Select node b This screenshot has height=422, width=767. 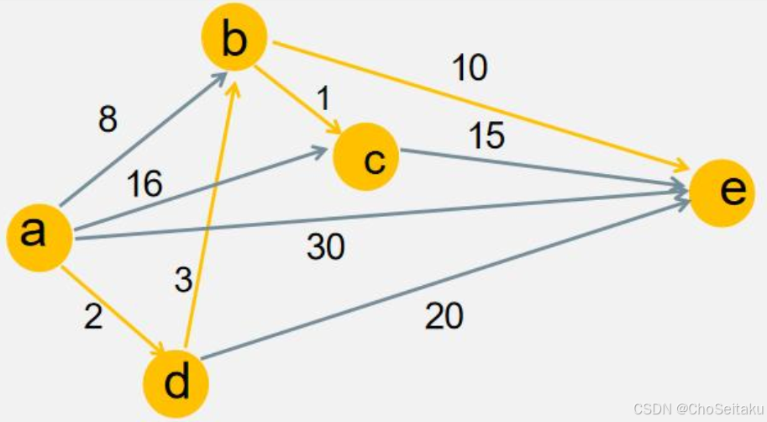[x=234, y=39]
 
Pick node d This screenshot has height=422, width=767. [x=176, y=384]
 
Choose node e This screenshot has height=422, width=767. [x=722, y=193]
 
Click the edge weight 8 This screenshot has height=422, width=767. [x=107, y=119]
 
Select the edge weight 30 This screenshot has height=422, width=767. [x=326, y=246]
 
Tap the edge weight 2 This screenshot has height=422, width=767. [x=93, y=317]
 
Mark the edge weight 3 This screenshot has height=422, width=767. [x=183, y=279]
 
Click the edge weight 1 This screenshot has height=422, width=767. [x=322, y=99]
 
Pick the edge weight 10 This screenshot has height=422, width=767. [x=470, y=67]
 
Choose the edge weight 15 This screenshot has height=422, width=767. [x=487, y=135]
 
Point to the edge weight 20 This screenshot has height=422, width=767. [x=444, y=317]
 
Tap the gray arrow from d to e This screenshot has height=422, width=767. [x=445, y=277]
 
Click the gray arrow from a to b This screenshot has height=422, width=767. [x=143, y=139]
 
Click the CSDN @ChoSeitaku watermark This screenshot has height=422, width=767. [x=696, y=409]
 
